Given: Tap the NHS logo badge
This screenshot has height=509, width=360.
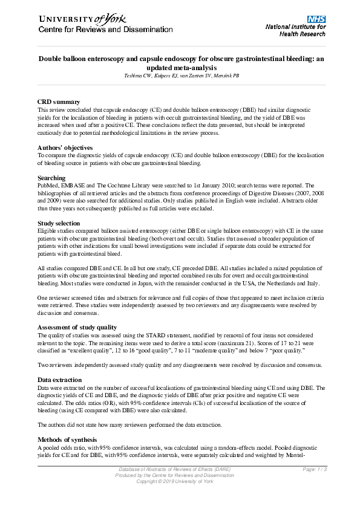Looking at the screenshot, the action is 316,19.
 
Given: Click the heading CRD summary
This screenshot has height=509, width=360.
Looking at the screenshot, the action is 58,102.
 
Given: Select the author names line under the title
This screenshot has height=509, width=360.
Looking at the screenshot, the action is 182,76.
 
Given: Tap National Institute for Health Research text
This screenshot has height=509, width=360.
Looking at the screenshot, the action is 295,30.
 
